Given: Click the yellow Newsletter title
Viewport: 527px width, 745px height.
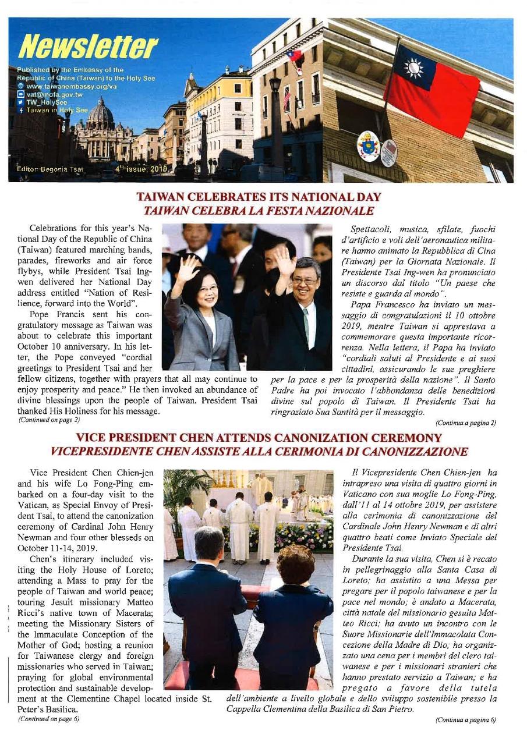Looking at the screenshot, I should (87, 48).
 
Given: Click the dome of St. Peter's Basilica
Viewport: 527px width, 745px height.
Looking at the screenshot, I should (100, 113).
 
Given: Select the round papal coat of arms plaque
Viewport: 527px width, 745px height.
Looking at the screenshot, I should (368, 146).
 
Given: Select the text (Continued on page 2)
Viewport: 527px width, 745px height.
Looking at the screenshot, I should (49, 419).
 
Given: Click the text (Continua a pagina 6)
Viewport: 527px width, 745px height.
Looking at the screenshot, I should (465, 720).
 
